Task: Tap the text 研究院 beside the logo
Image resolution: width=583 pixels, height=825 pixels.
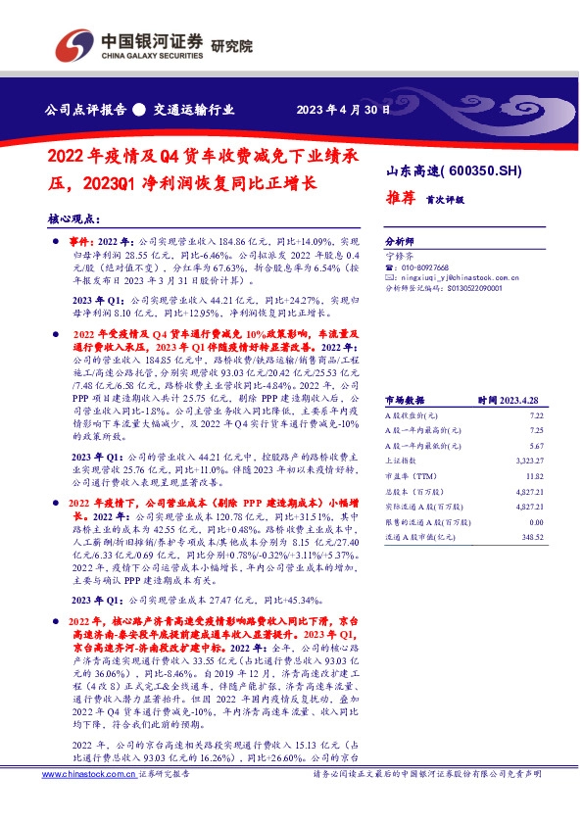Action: [x=231, y=45]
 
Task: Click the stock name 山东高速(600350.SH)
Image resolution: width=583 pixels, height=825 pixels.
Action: [x=453, y=170]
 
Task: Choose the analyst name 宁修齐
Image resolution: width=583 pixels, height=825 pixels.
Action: [x=402, y=255]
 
